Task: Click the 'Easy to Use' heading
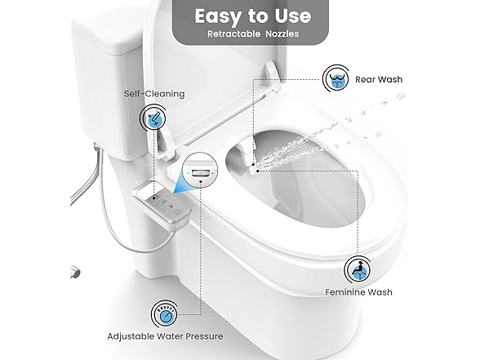coord(253,16)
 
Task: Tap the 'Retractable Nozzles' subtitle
coord(253,33)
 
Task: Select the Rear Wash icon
coord(336,78)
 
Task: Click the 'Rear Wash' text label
coord(379,80)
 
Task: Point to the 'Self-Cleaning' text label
coord(154,94)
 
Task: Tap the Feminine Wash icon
coord(358,269)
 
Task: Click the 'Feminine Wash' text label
coord(358,292)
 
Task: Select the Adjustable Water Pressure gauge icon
coord(164,313)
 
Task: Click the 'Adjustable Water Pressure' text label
coord(165,336)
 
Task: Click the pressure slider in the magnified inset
coord(200,173)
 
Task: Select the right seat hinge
coord(272,76)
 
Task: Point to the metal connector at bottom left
coord(75,272)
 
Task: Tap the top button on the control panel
coord(155,197)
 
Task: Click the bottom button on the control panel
coord(177,212)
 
